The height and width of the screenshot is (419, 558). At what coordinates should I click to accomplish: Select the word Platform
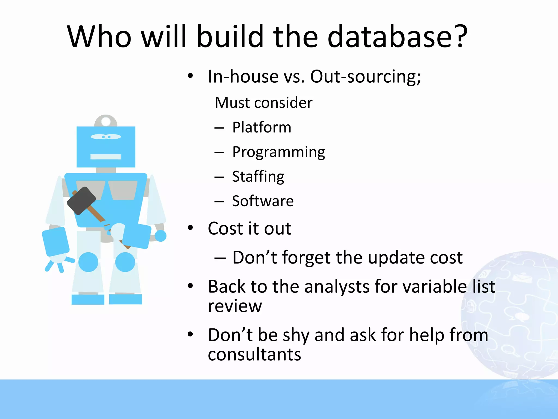(262, 127)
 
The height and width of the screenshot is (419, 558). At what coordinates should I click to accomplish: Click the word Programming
(278, 152)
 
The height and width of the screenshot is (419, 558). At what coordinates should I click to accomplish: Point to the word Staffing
(258, 177)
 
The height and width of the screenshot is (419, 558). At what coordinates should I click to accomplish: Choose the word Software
(263, 201)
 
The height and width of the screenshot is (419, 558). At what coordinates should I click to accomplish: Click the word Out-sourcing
(365, 76)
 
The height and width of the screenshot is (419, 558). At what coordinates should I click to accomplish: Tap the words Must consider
(263, 103)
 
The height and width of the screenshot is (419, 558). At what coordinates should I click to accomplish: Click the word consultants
(254, 354)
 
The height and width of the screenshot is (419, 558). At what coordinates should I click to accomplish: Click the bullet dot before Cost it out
(190, 228)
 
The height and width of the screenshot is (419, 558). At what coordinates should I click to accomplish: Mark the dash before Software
(219, 202)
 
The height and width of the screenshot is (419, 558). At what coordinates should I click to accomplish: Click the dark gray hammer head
(81, 200)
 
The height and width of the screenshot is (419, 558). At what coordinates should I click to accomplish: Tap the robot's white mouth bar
(106, 157)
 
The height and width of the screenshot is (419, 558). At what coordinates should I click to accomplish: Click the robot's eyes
(106, 137)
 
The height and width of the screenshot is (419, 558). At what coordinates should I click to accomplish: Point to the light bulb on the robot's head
(106, 121)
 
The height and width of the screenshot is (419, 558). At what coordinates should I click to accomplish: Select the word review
(235, 306)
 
